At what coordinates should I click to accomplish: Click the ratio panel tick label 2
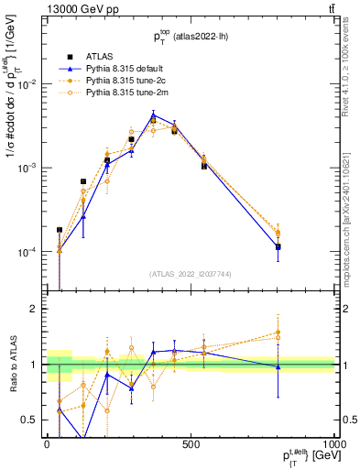point(34,310)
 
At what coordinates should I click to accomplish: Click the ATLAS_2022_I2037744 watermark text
point(191,274)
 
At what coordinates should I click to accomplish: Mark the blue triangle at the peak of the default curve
point(154,115)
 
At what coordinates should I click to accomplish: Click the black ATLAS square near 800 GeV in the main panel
point(278,247)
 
